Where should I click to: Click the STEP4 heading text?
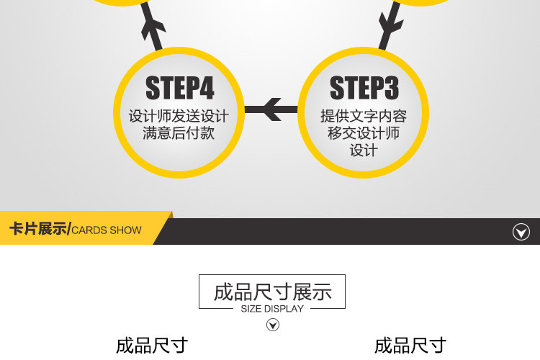[180, 89]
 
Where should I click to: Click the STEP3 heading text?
[364, 89]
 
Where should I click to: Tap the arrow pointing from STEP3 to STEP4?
[272, 109]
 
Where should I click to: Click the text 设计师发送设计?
[179, 116]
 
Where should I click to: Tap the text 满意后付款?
[179, 133]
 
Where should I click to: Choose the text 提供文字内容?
[364, 116]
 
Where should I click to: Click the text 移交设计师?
[364, 133]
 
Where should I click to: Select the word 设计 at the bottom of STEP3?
[364, 150]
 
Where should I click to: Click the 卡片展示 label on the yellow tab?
[38, 230]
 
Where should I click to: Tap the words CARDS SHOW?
[107, 230]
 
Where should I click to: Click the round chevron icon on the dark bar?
[521, 232]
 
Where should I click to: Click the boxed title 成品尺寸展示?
[272, 292]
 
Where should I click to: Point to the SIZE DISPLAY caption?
[272, 309]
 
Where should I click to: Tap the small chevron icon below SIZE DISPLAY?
[273, 325]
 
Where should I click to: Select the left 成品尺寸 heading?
[152, 346]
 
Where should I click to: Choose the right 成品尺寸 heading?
[410, 346]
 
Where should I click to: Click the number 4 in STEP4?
[207, 89]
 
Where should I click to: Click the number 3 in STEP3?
[390, 89]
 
